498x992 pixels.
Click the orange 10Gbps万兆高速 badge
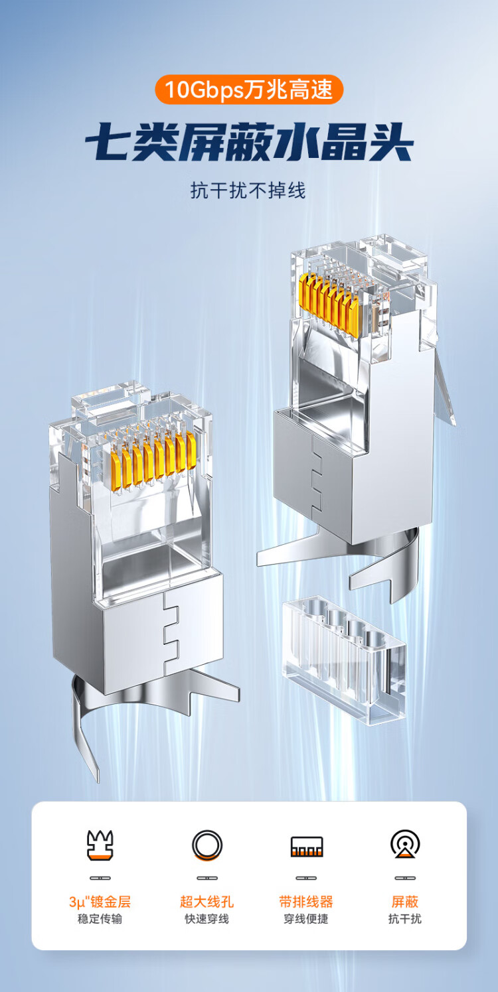pos(249,90)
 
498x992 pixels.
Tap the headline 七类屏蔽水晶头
pos(249,143)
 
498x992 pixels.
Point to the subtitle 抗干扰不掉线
pos(248,191)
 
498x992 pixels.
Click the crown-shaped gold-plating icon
pos(100,845)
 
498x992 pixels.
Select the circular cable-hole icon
pos(207,845)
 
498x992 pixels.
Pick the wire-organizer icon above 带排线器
pos(306,846)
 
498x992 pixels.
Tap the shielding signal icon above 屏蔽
pos(405,844)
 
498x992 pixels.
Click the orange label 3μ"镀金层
pos(100,902)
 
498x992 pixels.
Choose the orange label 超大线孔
pos(207,902)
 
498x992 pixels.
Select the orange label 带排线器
pos(305,902)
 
